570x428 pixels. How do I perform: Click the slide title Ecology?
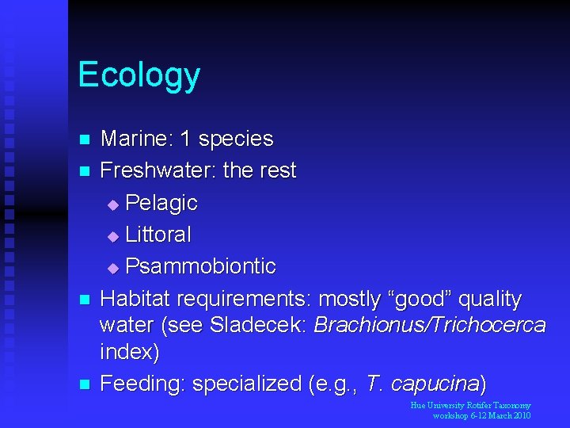point(139,76)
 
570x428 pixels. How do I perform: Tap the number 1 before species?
point(186,139)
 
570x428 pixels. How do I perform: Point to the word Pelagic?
point(161,203)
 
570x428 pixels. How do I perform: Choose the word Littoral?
point(158,235)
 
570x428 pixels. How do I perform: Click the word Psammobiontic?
point(200,266)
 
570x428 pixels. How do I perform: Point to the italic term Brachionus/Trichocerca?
point(430,325)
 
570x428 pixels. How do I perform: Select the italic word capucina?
point(440,384)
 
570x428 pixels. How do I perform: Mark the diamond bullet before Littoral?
point(112,236)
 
